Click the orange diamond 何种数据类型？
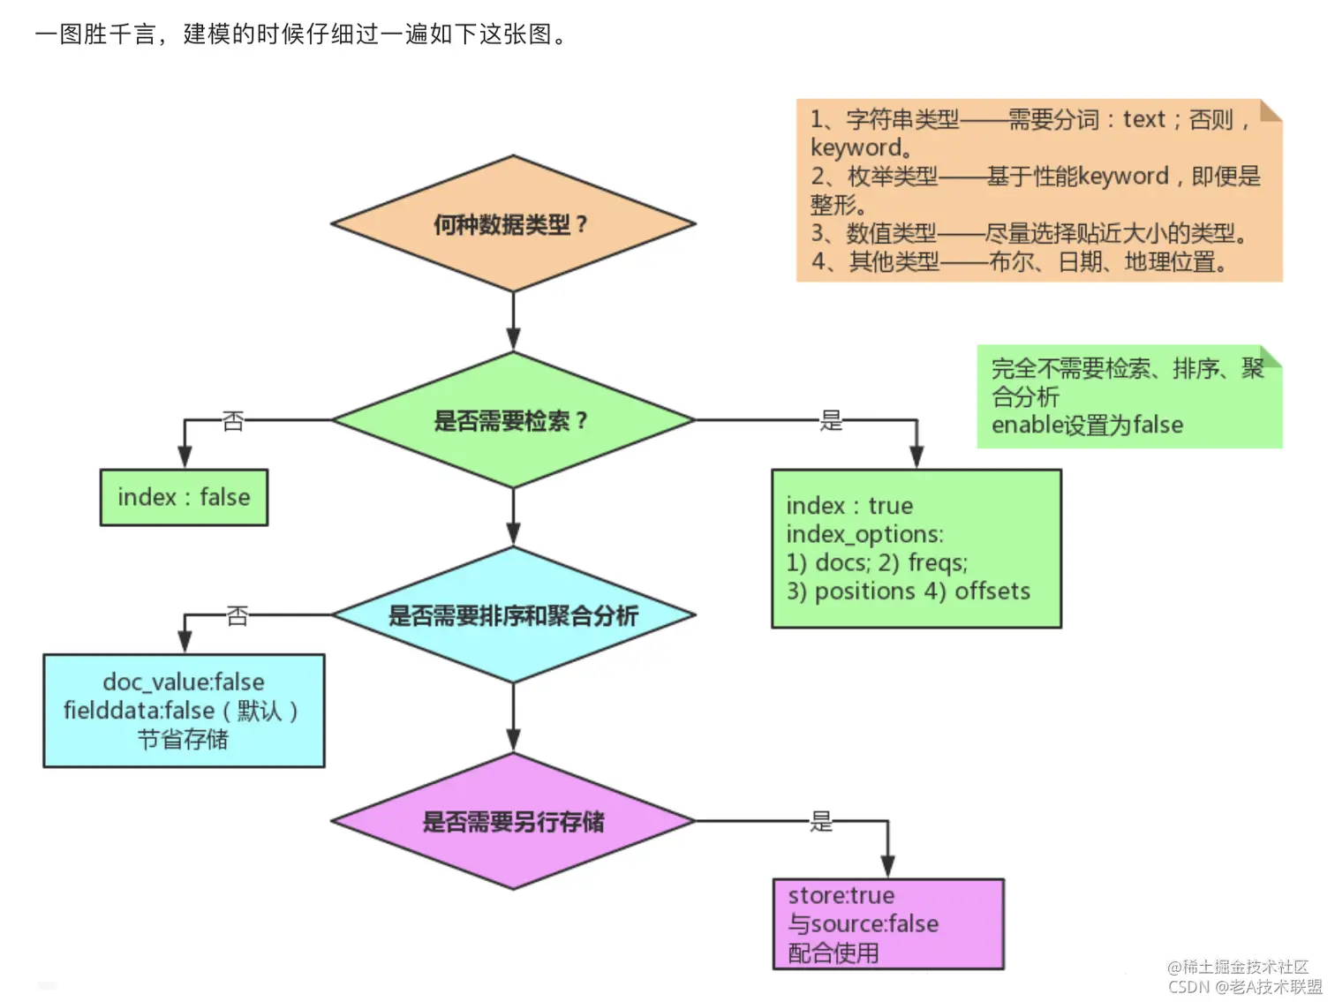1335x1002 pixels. click(x=512, y=224)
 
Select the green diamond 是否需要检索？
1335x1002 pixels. click(x=512, y=420)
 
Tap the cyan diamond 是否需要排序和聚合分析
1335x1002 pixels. click(x=512, y=615)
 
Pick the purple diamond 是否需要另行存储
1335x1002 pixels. click(x=512, y=822)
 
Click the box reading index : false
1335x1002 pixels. click(x=184, y=498)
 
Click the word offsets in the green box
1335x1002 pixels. click(x=992, y=591)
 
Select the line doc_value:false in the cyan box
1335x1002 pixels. click(x=184, y=682)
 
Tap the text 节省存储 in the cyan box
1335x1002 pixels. click(x=183, y=739)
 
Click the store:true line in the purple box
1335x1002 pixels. click(x=841, y=895)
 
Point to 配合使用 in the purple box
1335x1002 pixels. click(x=833, y=953)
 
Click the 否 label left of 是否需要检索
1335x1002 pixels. click(x=232, y=421)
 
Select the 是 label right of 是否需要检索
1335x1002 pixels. click(x=831, y=420)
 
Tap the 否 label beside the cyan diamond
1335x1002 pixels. click(x=237, y=615)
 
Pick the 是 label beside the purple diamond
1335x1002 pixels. click(x=821, y=822)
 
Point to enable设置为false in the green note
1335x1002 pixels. click(x=1087, y=425)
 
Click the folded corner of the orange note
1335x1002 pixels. click(x=1271, y=109)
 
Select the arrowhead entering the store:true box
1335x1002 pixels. click(x=887, y=867)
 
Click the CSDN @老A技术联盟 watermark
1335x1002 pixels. click(x=1245, y=987)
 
